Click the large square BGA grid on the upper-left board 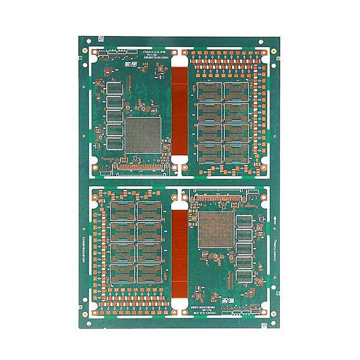coord(143,135)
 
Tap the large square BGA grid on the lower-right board coord(217,229)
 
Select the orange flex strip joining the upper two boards coord(179,105)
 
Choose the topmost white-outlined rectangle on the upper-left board coord(114,88)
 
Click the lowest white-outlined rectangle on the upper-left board coord(114,143)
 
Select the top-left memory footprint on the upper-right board coord(209,91)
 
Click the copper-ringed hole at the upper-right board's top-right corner coord(264,53)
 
